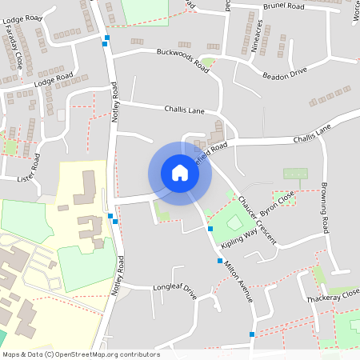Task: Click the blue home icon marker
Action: [x=179, y=173]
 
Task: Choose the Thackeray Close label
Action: [x=333, y=295]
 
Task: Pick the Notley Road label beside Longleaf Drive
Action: [x=120, y=276]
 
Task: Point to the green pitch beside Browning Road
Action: [x=295, y=174]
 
